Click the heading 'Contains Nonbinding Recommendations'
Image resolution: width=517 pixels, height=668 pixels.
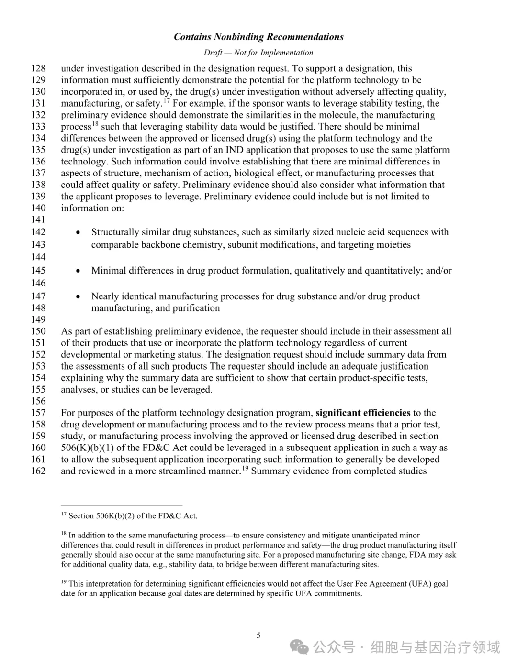[258, 37]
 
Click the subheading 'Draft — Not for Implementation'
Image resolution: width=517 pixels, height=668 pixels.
[258, 53]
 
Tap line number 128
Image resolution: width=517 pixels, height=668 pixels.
[38, 68]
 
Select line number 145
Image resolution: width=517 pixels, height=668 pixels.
[38, 270]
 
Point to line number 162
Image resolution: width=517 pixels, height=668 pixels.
[38, 471]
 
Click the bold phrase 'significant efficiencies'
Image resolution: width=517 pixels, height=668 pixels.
[363, 413]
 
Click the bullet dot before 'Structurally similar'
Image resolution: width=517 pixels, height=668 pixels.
[78, 233]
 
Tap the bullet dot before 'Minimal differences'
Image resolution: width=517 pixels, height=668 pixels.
[78, 271]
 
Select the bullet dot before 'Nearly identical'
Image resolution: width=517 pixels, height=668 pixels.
[78, 297]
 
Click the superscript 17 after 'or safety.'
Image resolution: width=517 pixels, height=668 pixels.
[167, 100]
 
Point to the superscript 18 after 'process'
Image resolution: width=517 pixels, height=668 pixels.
[95, 124]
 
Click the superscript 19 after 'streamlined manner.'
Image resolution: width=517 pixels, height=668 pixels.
[245, 468]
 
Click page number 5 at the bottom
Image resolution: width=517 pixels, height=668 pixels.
[258, 635]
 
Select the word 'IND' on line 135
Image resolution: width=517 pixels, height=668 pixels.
[235, 150]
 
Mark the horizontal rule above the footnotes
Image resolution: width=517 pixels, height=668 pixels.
[122, 505]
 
